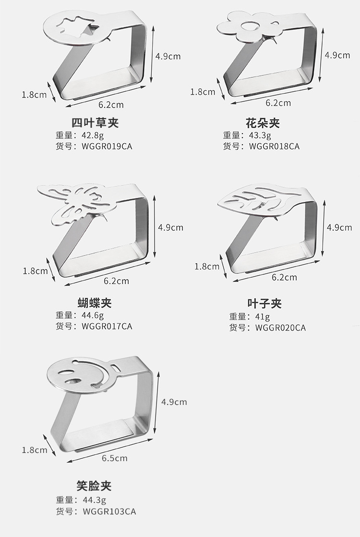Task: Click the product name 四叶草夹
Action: click(95, 123)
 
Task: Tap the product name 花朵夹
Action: click(263, 123)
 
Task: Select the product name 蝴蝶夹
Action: click(95, 303)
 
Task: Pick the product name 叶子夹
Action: click(264, 304)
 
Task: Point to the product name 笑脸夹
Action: click(94, 486)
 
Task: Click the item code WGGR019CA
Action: click(107, 146)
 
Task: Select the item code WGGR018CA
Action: click(274, 146)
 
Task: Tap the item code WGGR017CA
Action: click(107, 326)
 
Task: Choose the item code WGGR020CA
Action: click(280, 328)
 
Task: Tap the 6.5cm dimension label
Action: click(115, 458)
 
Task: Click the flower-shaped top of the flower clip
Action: click(248, 27)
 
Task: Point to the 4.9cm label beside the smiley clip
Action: click(174, 402)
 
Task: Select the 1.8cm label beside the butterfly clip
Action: click(36, 271)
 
